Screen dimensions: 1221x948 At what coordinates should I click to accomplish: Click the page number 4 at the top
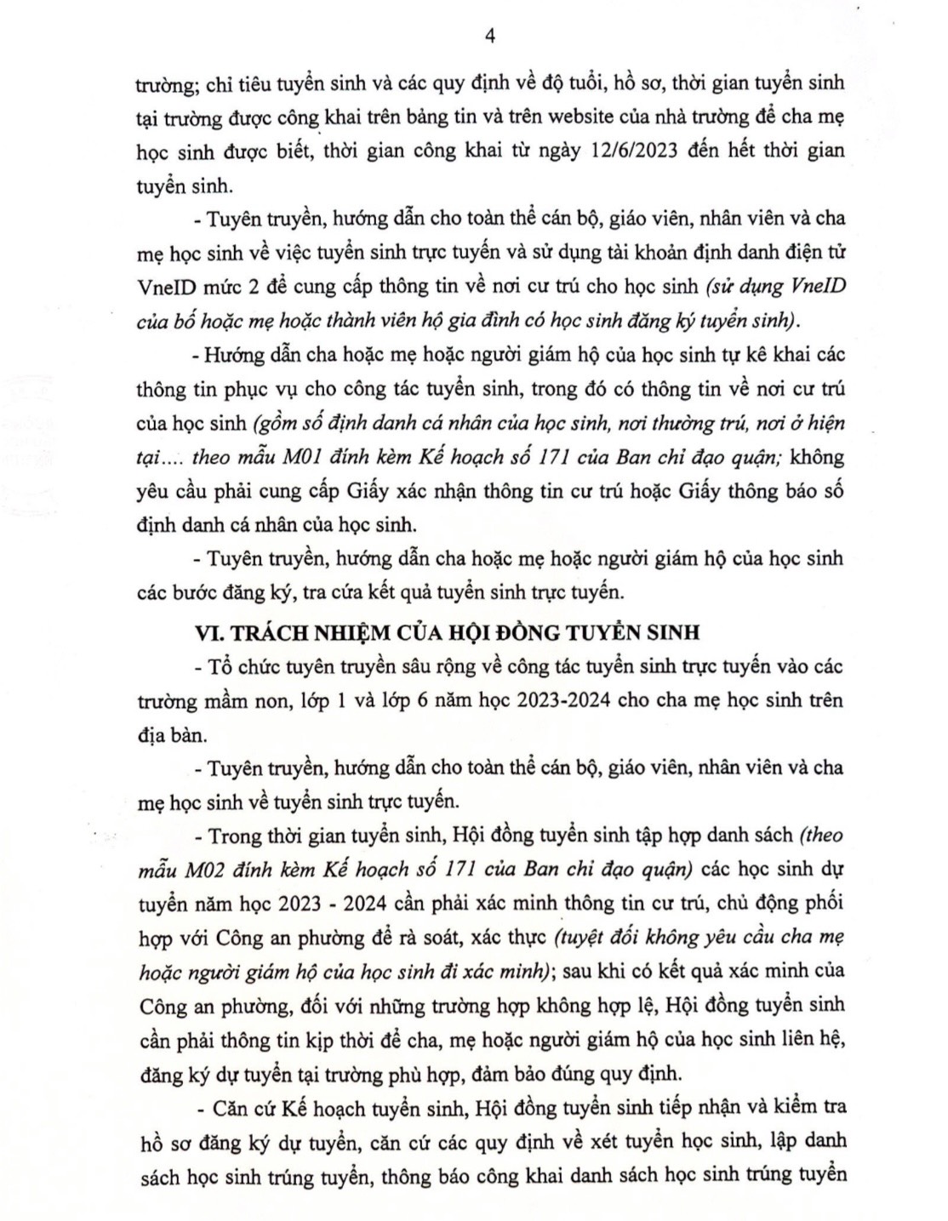coord(488,35)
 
